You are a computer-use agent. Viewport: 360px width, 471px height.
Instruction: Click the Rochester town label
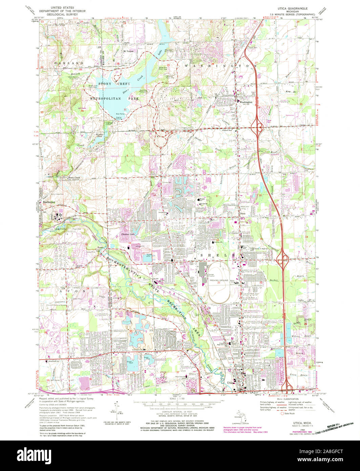click(x=49, y=202)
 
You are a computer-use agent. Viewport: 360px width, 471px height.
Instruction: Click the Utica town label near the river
click(x=231, y=383)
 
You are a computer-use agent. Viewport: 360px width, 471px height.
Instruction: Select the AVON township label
click(x=66, y=291)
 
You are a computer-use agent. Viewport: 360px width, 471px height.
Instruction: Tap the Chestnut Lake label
click(x=127, y=235)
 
